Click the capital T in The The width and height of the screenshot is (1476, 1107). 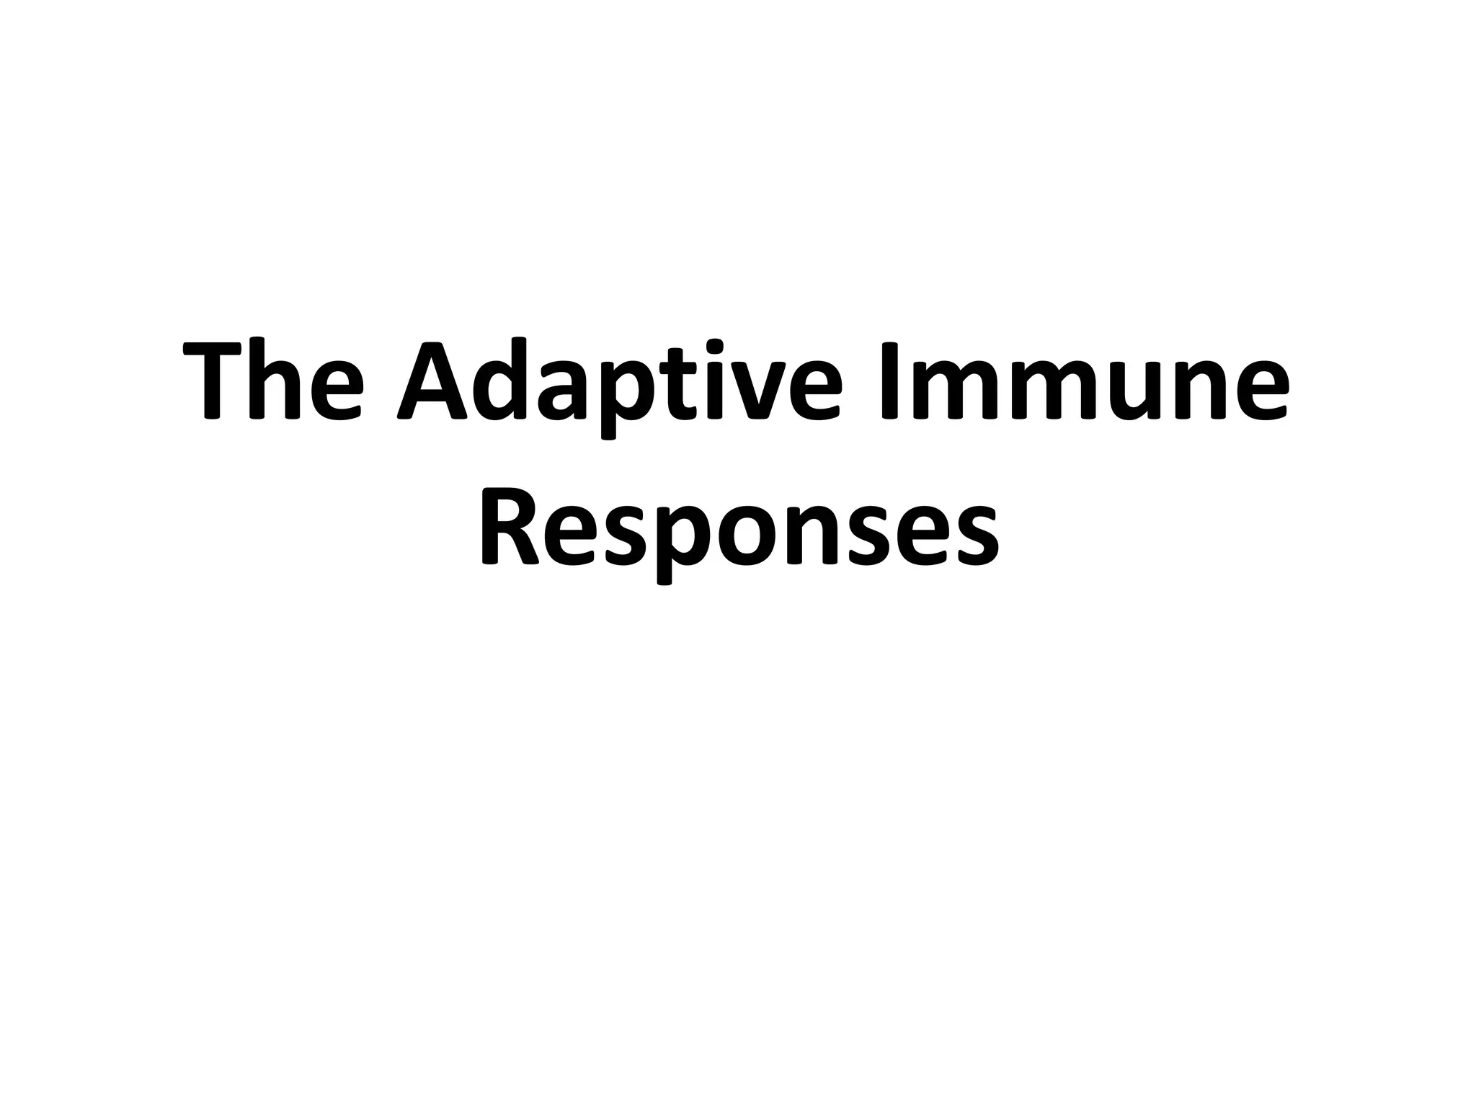(211, 381)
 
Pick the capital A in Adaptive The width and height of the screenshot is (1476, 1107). (433, 381)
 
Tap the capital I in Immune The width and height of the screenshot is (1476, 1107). (889, 381)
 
